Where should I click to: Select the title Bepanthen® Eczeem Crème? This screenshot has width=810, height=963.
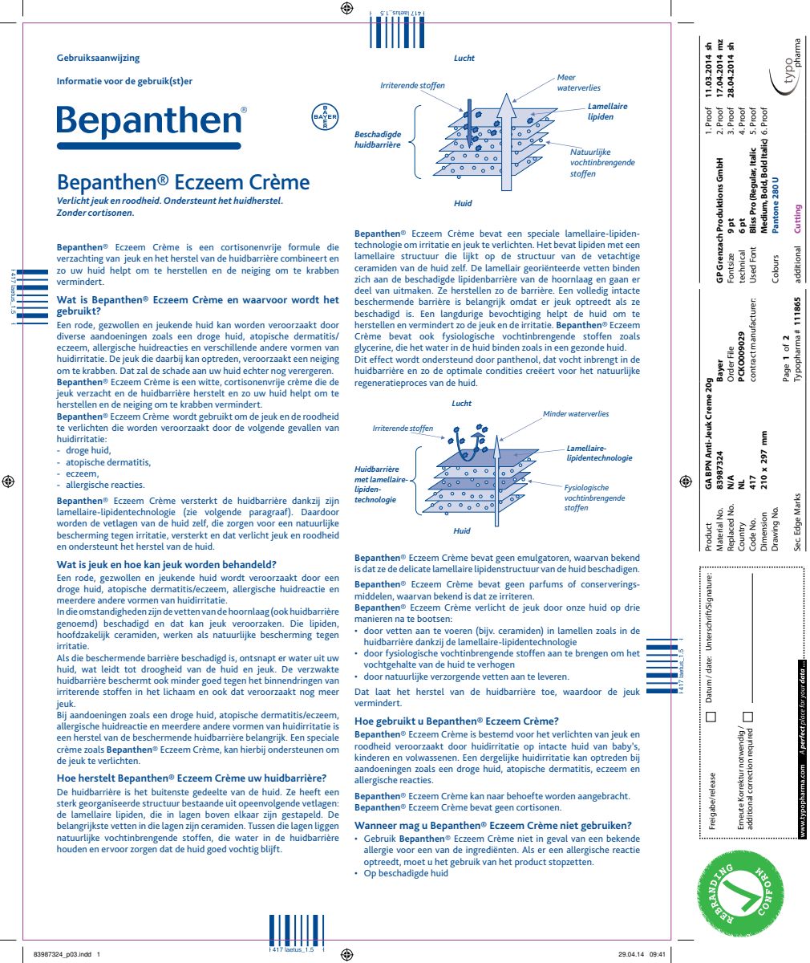(x=183, y=181)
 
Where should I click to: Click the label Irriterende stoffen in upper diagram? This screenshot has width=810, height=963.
(x=412, y=86)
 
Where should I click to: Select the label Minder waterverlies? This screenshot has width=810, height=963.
(x=575, y=414)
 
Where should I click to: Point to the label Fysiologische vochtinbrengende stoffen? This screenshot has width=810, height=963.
(x=593, y=498)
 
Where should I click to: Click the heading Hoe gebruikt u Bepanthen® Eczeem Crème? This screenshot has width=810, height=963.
(x=456, y=721)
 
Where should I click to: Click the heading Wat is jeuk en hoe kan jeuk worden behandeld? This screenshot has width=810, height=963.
(x=167, y=564)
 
